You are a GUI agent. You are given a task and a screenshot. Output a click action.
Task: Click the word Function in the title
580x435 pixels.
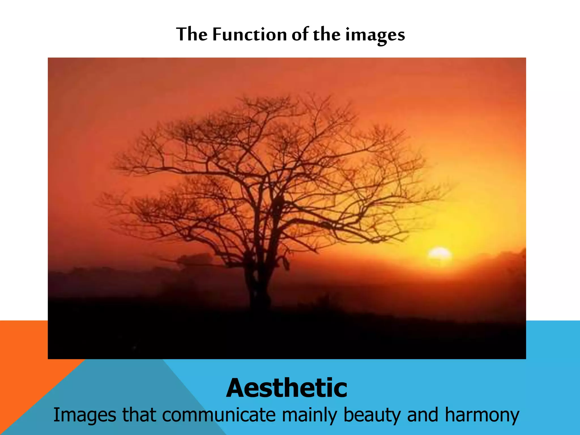point(250,35)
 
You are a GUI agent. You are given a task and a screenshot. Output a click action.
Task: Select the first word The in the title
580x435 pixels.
point(192,34)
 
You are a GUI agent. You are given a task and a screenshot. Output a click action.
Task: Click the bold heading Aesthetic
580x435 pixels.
point(287,388)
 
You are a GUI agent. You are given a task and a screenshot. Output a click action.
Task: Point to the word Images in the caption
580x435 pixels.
point(84,415)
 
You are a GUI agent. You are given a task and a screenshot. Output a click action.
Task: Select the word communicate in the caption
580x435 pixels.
point(219,415)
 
